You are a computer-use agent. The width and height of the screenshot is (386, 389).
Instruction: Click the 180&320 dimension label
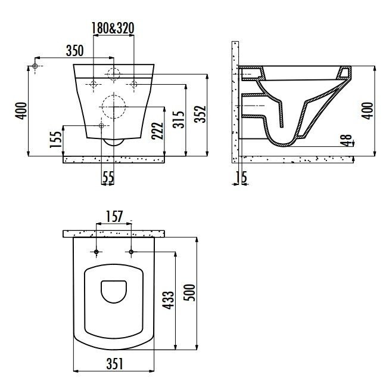pos(113,27)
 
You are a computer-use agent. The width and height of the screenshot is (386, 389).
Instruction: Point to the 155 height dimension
pos(55,140)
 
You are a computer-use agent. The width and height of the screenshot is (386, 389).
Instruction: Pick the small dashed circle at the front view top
pos(113,73)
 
